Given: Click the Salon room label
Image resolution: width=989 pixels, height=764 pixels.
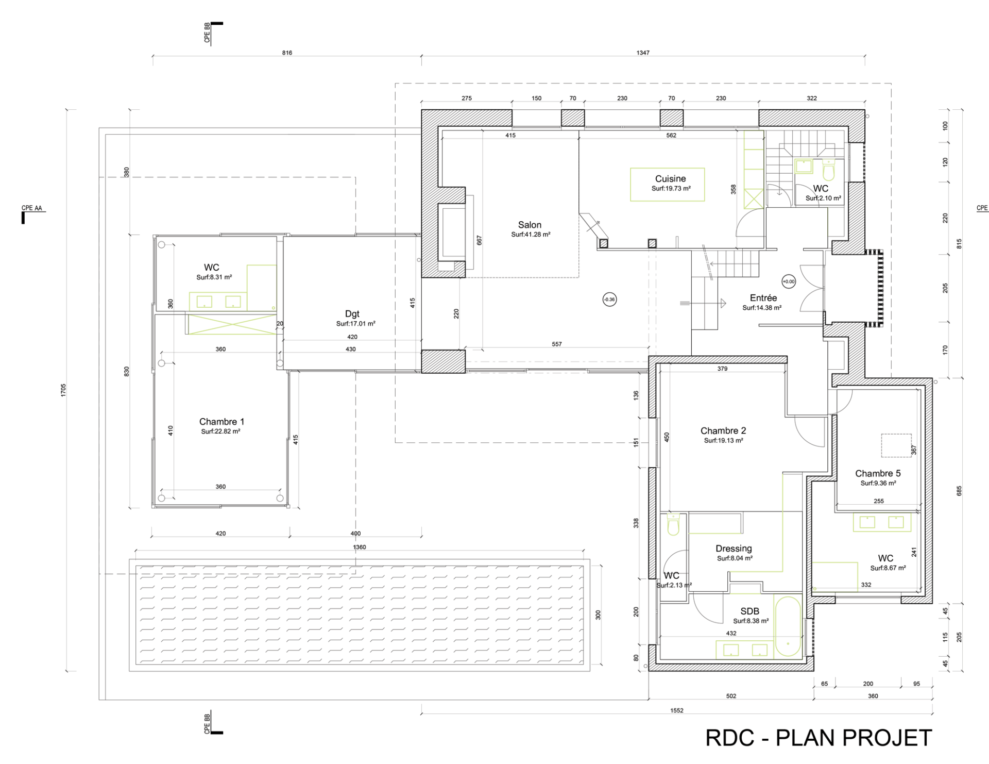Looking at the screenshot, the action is pos(530,225).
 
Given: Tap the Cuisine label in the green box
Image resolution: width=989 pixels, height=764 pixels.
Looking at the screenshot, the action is pos(670,179).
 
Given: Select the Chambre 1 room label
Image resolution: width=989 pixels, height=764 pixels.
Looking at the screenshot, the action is pos(221,422).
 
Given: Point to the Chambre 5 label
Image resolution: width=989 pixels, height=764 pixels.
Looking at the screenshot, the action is pos(878,473).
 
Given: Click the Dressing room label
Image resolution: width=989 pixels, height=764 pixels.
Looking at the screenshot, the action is pos(734,549).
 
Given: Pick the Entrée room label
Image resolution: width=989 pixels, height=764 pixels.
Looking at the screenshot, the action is pos(763,298).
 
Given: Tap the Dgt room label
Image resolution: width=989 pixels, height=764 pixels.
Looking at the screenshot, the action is pos(352,314).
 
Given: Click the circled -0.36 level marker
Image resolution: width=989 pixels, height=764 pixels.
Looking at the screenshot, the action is pos(609,300).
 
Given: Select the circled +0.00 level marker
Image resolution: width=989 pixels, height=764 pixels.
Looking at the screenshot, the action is pos(789,281).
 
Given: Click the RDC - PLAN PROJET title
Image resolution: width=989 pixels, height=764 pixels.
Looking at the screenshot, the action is pos(819,738).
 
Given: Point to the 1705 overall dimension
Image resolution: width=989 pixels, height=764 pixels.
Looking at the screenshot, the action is pos(63,390).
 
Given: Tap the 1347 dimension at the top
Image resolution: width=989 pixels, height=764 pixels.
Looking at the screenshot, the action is pos(643,53).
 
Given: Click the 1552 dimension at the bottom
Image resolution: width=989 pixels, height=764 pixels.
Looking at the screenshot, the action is pos(677,710).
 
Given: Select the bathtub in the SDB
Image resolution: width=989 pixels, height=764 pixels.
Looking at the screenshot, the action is pos(788,627).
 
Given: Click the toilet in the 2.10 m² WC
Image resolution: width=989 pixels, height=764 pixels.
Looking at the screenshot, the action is pos(828,170).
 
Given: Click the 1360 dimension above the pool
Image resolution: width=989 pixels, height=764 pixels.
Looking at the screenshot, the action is pos(360,547).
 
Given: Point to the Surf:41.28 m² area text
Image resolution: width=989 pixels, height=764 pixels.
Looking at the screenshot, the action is pos(531,235).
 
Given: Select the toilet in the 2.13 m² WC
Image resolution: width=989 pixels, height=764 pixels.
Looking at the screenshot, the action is pos(673,525).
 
